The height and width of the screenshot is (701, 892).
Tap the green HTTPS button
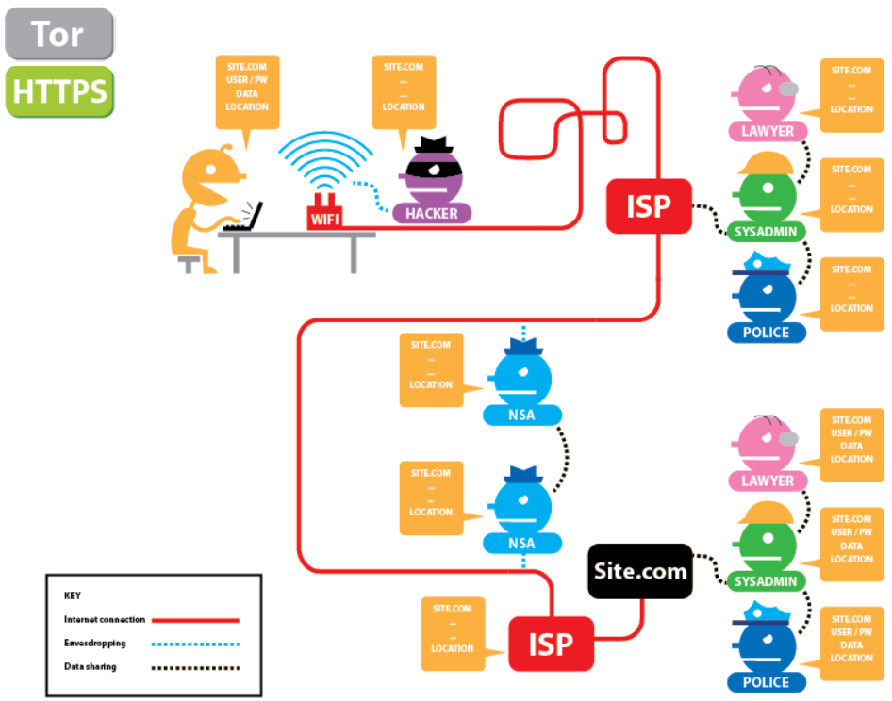coord(58,91)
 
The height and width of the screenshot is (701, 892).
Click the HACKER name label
coord(431,214)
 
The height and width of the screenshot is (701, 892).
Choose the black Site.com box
coord(639,571)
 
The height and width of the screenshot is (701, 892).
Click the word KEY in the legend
coord(73,595)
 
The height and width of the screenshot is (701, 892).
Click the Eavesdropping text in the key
coord(94,644)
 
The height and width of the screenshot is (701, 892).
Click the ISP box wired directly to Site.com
coord(552,644)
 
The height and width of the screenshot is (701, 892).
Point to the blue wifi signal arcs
coord(324,160)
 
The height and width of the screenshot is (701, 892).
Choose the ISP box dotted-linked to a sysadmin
coord(650,205)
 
